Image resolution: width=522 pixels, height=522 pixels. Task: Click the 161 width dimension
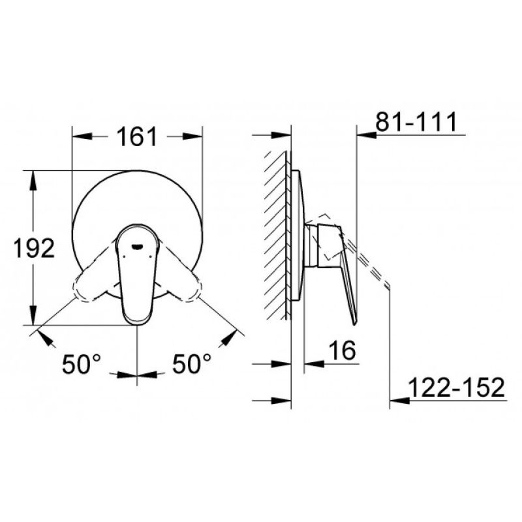(x=137, y=136)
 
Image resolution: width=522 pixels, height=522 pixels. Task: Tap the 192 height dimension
(x=34, y=248)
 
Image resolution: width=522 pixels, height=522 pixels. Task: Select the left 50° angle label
(x=81, y=363)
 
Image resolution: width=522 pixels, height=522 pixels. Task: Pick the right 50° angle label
(x=191, y=363)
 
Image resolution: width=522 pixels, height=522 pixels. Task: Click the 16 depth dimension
(x=342, y=350)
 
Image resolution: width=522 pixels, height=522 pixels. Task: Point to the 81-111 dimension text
(x=416, y=122)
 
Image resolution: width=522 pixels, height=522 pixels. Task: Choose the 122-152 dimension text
(x=456, y=387)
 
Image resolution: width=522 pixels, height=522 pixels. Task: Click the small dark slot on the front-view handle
(x=137, y=247)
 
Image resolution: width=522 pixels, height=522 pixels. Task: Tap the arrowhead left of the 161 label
(x=82, y=136)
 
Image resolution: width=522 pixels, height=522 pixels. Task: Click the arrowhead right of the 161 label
(x=192, y=136)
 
